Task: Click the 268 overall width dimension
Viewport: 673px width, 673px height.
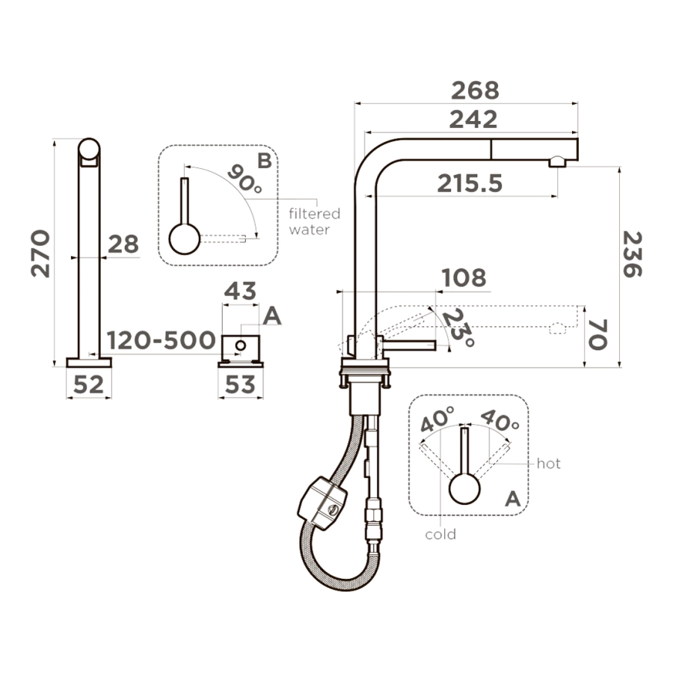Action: point(475,90)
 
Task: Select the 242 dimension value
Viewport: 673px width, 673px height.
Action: point(473,120)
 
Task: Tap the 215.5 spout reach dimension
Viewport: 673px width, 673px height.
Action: point(470,184)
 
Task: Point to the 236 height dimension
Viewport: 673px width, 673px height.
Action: point(632,254)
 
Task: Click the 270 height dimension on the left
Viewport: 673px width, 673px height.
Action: point(41,253)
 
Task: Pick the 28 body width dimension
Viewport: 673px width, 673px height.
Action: point(123,245)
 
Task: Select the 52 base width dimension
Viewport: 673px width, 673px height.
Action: point(88,384)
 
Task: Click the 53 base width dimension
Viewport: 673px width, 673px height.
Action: point(240,384)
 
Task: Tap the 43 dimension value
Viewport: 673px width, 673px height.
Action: point(240,291)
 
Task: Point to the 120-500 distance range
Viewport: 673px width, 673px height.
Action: point(161,340)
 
